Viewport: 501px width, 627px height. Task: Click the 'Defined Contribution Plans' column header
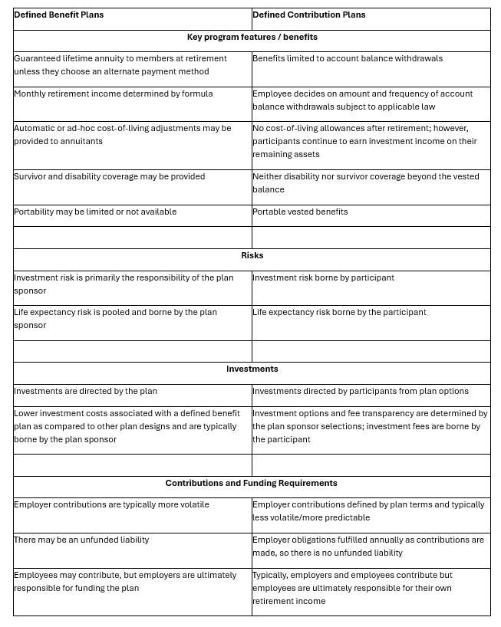[x=308, y=15]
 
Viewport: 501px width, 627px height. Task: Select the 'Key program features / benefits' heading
[x=252, y=37]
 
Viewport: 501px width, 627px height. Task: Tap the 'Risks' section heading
[x=252, y=255]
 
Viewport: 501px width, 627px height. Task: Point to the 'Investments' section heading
[x=252, y=369]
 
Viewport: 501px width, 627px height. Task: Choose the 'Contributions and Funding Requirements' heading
[x=252, y=483]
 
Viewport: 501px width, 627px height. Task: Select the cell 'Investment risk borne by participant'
[x=323, y=277]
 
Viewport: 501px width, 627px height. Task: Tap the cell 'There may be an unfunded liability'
[x=81, y=540]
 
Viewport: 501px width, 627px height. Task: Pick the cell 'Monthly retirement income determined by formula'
[x=113, y=94]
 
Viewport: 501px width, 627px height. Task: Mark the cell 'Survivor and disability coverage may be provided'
[x=109, y=176]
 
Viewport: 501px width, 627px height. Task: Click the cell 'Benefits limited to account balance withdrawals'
[x=347, y=58]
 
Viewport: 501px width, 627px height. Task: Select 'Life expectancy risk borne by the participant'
[x=339, y=312]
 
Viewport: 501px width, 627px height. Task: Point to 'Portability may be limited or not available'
[x=95, y=212]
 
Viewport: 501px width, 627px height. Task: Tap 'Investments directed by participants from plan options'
[x=361, y=391]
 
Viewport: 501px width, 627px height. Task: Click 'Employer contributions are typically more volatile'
[x=111, y=504]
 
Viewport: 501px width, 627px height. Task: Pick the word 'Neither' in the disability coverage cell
[x=267, y=176]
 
